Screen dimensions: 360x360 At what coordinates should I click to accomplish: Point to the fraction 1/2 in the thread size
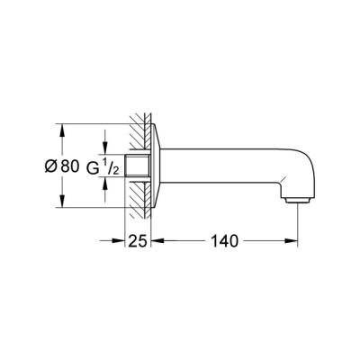click(106, 166)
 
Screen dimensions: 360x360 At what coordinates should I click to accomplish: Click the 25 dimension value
click(138, 241)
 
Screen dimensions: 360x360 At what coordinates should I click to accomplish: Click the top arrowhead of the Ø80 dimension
click(60, 128)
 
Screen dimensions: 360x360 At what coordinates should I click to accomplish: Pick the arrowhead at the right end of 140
click(294, 241)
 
